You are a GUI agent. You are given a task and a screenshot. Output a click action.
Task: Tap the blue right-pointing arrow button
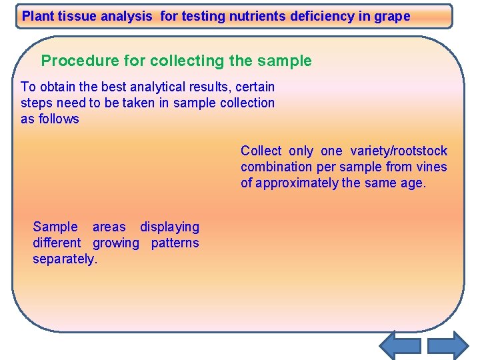coord(448,345)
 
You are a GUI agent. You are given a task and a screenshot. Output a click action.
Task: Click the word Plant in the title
coord(38,17)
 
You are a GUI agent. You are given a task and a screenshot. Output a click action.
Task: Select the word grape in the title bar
coord(393,17)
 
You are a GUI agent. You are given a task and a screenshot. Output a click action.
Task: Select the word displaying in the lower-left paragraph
coord(169,227)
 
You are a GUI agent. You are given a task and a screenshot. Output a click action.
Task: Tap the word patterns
coord(175,243)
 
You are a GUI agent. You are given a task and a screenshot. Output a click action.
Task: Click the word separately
coord(65,259)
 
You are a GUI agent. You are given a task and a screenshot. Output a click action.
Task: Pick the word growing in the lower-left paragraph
coord(116,243)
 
